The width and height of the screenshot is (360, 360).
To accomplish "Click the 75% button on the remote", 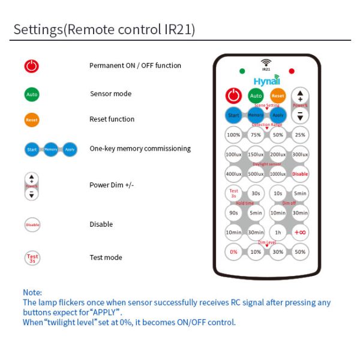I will (x=256, y=135).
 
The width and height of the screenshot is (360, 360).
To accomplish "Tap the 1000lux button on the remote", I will (x=278, y=174).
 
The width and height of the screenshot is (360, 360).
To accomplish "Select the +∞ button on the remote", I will (x=301, y=232).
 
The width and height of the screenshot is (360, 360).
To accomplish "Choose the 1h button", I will (x=278, y=232).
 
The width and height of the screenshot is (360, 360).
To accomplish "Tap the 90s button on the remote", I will (x=233, y=213).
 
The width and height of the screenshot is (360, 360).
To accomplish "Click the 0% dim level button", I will (x=233, y=252).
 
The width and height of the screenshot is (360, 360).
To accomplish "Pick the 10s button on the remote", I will (x=278, y=193).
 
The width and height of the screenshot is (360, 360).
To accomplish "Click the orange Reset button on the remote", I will (x=278, y=95).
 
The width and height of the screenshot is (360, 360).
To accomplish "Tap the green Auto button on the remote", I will (x=256, y=95).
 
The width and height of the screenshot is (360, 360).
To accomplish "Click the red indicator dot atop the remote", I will (x=292, y=71).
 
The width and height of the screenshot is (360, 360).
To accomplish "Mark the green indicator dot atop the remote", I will (x=242, y=71).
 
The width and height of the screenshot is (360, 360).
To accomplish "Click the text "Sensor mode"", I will (x=111, y=94).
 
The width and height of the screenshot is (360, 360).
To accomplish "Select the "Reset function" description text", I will (x=112, y=119).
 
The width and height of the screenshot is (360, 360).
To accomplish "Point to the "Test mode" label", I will (x=106, y=257).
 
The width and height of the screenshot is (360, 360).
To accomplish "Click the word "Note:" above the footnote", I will (x=32, y=292).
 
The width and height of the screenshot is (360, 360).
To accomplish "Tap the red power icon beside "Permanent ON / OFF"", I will (x=32, y=66).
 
